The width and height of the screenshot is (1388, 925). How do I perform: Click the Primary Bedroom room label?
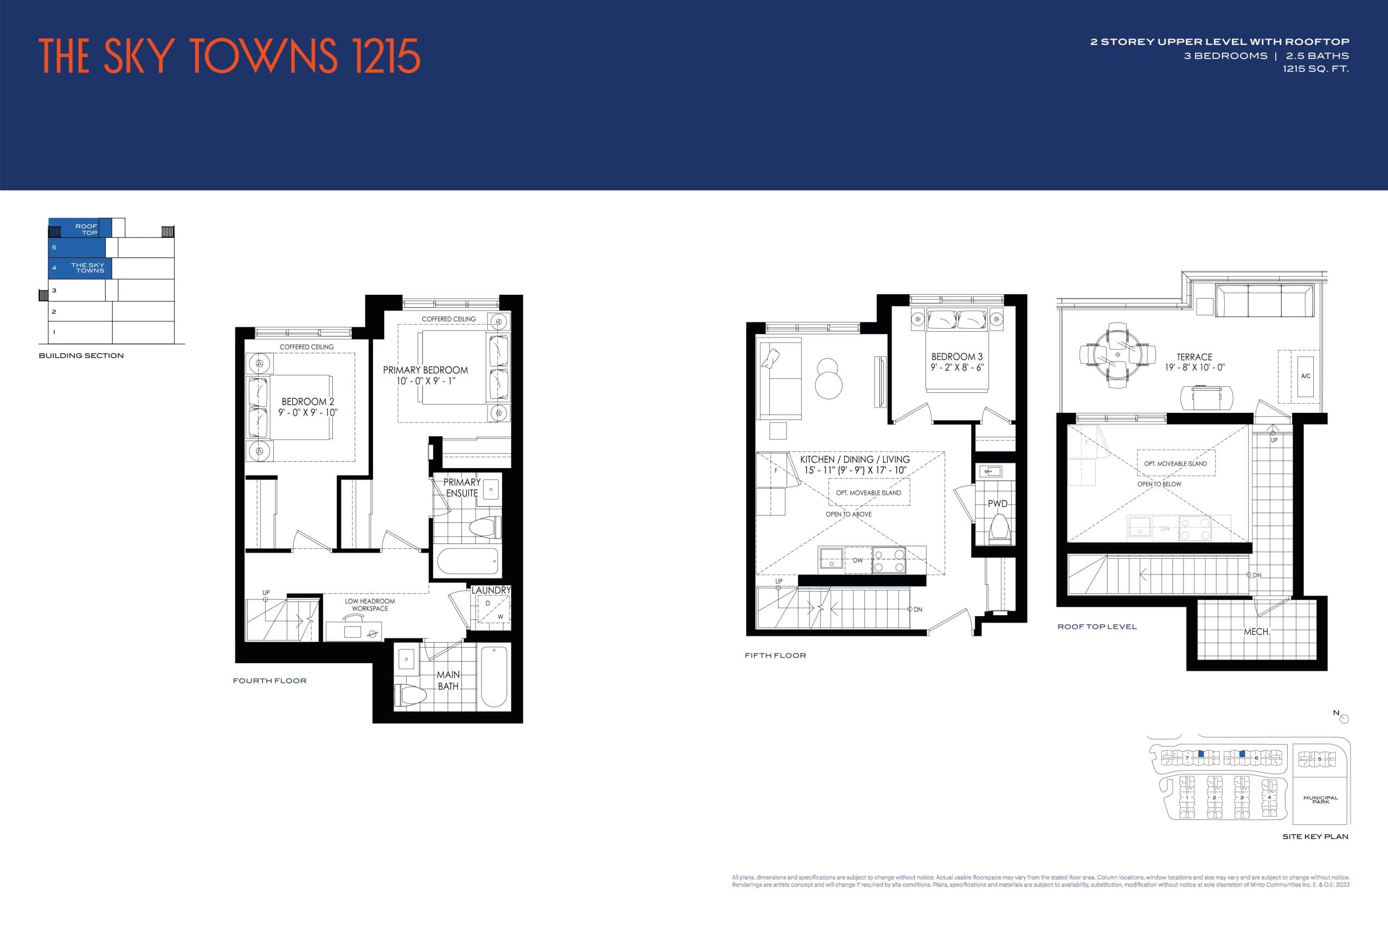tap(425, 370)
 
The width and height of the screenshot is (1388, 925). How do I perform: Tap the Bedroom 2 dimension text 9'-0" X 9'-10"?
tap(307, 412)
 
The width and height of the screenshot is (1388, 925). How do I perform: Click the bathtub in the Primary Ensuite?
tap(467, 561)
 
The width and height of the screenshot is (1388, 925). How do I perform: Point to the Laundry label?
tap(490, 590)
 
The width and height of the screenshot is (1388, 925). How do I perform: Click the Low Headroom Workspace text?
tap(370, 605)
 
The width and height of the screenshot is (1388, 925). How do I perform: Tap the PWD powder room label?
tap(997, 503)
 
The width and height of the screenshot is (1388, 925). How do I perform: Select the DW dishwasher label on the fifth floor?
tap(857, 560)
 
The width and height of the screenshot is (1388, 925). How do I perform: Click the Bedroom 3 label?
tap(956, 357)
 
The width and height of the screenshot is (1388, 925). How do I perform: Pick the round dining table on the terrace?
tap(1117, 355)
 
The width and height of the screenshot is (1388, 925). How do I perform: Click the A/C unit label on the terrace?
tap(1306, 376)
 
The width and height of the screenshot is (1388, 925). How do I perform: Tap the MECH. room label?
tap(1256, 631)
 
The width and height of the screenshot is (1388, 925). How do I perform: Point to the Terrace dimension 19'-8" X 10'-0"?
tap(1194, 367)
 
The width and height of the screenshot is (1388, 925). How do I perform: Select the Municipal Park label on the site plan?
tap(1320, 799)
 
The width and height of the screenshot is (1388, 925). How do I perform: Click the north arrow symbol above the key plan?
tap(1344, 719)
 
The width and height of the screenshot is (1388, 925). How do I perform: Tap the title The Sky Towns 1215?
tap(229, 57)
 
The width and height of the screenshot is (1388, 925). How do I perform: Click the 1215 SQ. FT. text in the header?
tap(1315, 69)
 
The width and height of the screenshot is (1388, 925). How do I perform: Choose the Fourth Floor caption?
tap(269, 680)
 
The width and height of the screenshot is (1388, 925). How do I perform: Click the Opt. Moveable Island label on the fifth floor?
tap(868, 493)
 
